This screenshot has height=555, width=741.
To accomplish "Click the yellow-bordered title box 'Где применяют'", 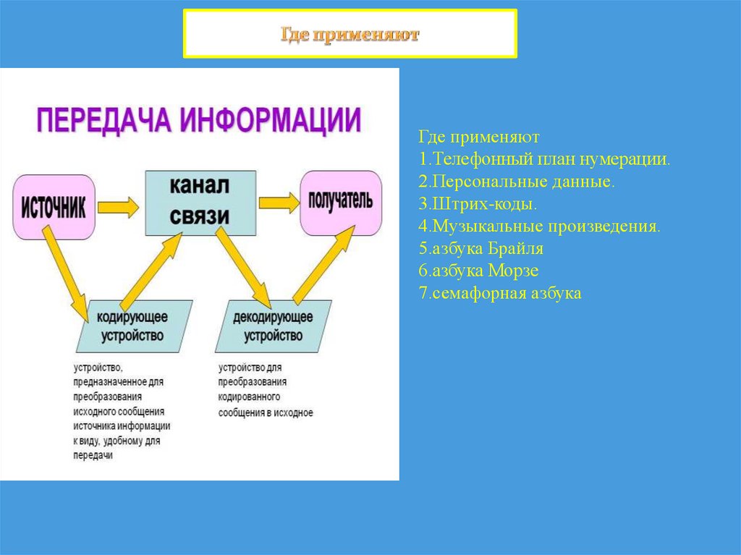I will [x=350, y=34].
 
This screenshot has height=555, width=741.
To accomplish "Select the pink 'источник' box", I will [x=54, y=207].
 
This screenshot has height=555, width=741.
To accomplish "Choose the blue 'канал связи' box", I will [x=200, y=202].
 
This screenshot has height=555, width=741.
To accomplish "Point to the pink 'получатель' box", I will [x=341, y=202].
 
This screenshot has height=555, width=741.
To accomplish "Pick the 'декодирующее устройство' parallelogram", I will [x=274, y=326].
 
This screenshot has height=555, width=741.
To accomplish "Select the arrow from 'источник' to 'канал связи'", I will [x=118, y=208].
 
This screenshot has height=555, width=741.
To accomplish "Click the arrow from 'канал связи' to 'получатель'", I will [x=278, y=203].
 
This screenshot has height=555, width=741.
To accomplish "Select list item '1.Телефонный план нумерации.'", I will [x=544, y=159].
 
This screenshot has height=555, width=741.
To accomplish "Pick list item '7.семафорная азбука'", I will [x=499, y=294].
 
